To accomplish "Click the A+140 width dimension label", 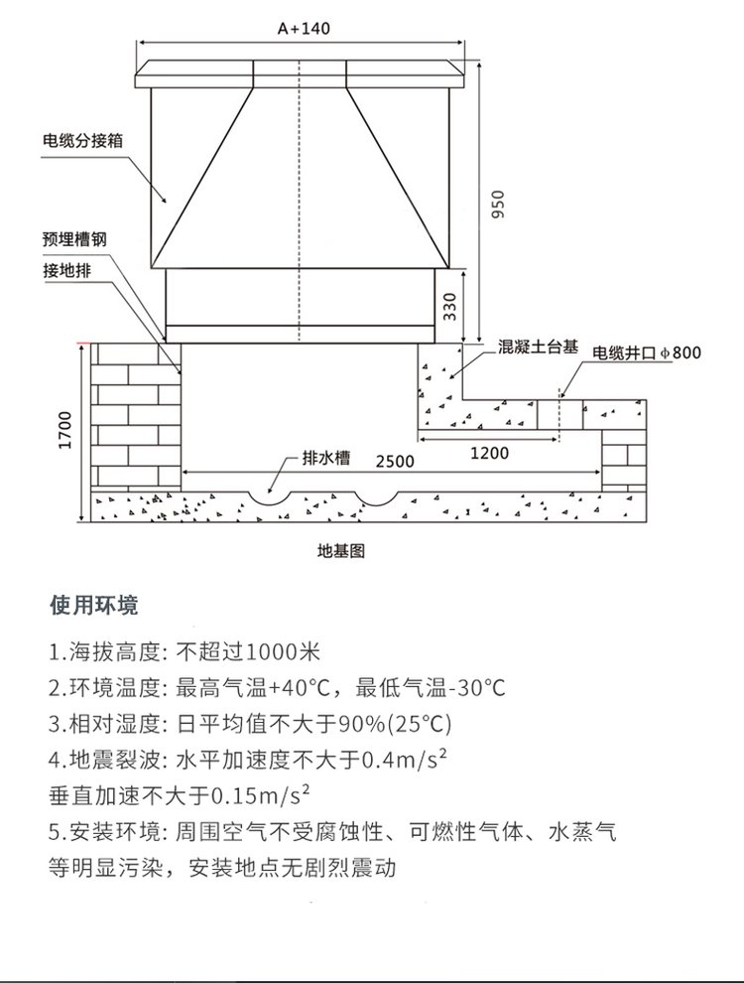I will click(304, 29).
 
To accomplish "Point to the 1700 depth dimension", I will click(64, 428).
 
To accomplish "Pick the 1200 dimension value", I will click(489, 453).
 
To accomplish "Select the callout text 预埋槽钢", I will click(73, 239).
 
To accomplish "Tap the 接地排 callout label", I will click(66, 271).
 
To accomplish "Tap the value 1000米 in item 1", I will click(283, 653).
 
